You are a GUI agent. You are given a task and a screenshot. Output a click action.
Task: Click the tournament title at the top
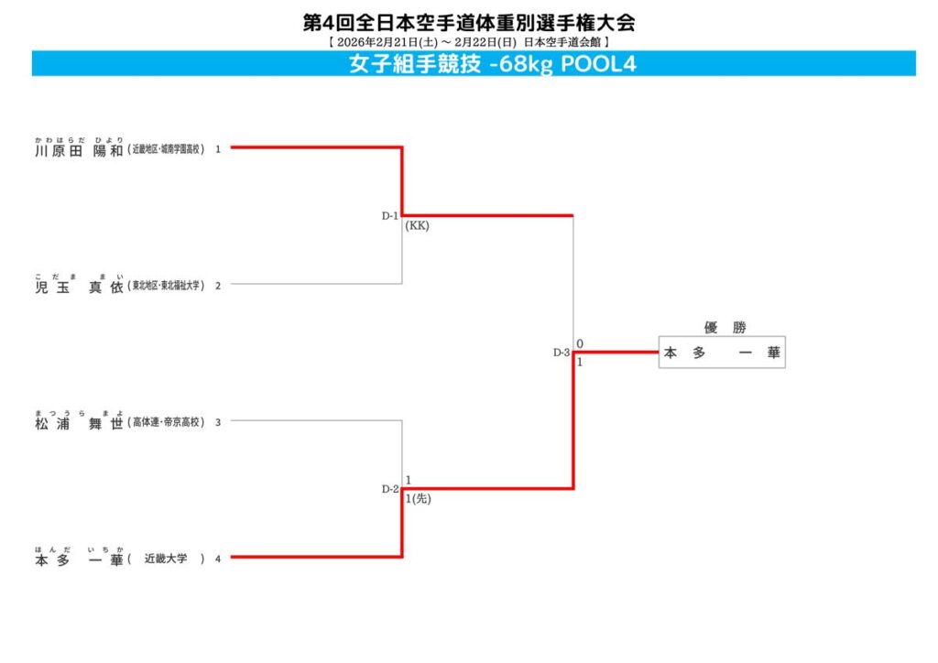tap(468, 22)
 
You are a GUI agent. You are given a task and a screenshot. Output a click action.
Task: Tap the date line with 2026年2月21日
tap(468, 42)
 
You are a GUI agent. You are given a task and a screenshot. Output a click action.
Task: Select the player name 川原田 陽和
tap(78, 149)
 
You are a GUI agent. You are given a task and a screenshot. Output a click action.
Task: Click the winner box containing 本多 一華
tap(722, 353)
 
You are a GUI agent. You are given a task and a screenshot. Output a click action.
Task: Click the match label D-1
tap(390, 216)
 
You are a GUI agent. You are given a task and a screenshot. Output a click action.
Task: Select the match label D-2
tap(390, 489)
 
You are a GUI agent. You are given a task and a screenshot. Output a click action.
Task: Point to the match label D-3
tap(562, 353)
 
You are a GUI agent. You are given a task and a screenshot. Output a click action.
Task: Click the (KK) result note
tap(418, 226)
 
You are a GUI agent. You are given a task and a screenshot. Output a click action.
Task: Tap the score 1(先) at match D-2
tap(418, 499)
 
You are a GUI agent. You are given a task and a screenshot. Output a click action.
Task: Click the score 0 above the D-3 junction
tap(580, 343)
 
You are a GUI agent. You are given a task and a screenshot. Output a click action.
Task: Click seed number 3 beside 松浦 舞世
tap(218, 422)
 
